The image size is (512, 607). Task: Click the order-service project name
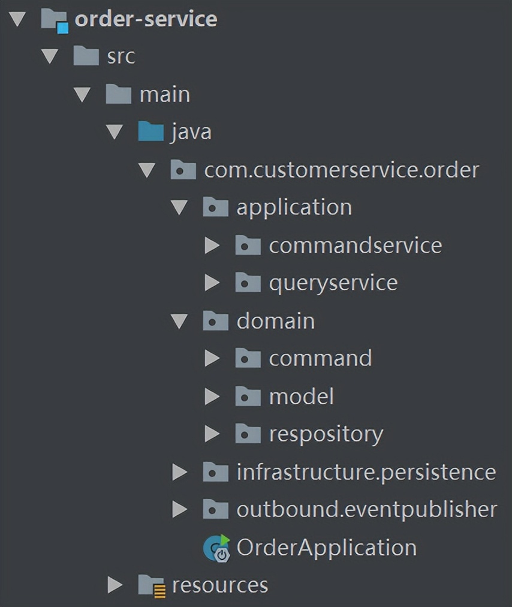146,19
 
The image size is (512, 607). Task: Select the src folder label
121,56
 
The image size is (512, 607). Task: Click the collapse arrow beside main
82,95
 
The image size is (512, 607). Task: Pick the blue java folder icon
150,131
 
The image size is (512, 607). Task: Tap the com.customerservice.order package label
341,170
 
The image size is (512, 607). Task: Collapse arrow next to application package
179,208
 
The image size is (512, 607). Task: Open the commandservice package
355,245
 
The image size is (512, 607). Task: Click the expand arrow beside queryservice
212,283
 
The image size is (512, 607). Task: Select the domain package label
275,321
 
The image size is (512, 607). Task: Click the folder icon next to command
248,359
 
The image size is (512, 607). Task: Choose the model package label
301,396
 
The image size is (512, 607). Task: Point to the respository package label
326,434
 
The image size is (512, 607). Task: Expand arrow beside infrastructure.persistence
179,472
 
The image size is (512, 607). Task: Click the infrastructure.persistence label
366,472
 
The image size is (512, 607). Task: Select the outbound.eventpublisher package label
366,509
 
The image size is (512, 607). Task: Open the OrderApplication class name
326,548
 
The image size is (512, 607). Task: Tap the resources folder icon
151,585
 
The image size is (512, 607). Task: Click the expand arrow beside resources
115,585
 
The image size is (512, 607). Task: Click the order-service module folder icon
53,19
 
